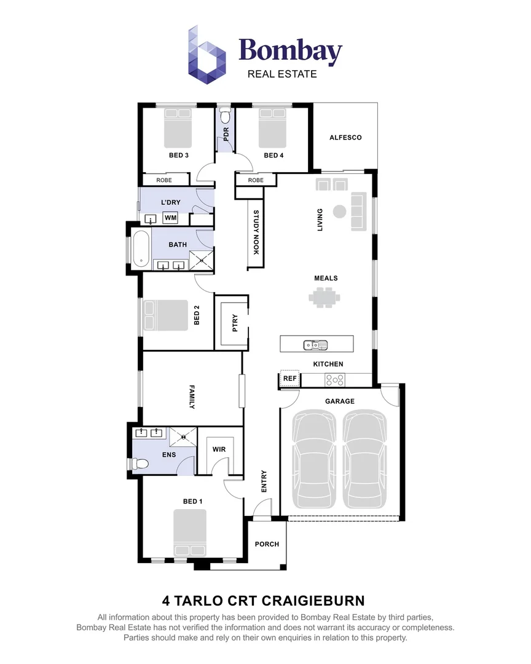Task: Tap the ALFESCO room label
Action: click(345, 138)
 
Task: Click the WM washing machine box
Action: click(170, 218)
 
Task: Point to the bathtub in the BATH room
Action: click(140, 248)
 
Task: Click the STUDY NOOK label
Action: click(256, 232)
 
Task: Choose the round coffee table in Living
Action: click(339, 211)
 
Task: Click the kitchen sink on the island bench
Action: click(315, 344)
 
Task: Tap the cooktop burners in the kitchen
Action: click(336, 380)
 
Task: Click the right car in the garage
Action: click(366, 459)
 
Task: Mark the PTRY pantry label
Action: click(235, 323)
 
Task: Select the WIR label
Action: click(219, 449)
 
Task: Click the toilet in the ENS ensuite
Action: click(139, 464)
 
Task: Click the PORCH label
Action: click(267, 544)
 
